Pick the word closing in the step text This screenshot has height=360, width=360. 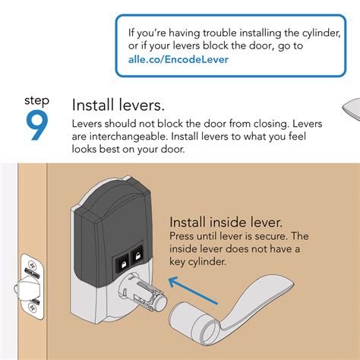[263, 123]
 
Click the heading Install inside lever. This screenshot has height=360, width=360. [226, 223]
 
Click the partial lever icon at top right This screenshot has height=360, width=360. [350, 110]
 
